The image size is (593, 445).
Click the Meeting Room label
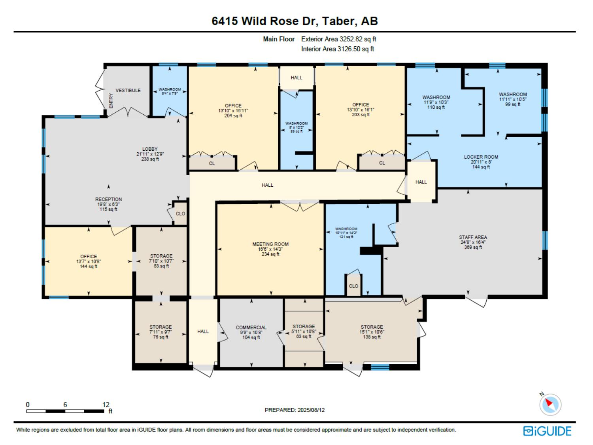(x=270, y=244)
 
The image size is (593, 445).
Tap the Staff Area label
(x=473, y=237)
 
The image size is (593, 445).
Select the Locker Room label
(x=481, y=157)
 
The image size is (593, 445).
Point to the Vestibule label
(x=128, y=90)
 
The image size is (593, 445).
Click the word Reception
(x=108, y=199)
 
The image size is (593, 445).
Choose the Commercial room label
(x=251, y=328)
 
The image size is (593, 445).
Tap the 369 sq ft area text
(x=473, y=247)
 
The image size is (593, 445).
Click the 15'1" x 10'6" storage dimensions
(x=372, y=332)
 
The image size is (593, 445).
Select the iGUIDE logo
(x=548, y=431)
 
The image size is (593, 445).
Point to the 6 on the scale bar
(x=65, y=405)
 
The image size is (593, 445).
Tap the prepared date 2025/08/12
(x=311, y=410)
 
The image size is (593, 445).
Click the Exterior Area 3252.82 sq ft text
(x=338, y=39)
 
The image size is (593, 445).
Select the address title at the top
(x=295, y=21)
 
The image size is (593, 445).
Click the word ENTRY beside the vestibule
(x=111, y=100)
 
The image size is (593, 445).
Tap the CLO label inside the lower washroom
(x=353, y=286)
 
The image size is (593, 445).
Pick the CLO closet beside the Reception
(x=180, y=214)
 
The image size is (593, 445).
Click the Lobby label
(x=150, y=149)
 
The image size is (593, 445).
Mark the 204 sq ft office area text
(x=233, y=116)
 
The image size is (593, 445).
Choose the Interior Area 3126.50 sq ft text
(x=338, y=49)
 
